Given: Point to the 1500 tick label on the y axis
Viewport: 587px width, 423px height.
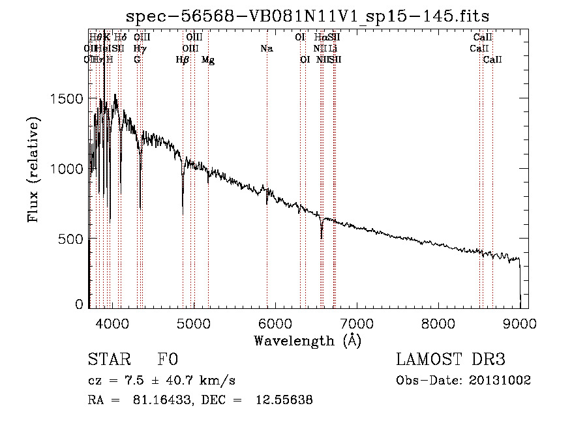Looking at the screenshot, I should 67,98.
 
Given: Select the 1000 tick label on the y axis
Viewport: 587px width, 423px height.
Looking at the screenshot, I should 67,168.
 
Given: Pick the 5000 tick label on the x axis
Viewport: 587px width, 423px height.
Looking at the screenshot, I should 194,322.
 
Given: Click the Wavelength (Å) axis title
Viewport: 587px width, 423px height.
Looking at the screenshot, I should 307,340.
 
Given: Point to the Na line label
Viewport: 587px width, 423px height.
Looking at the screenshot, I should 266,49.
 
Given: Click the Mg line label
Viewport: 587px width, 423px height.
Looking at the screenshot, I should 208,60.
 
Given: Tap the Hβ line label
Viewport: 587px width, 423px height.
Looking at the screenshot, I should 183,60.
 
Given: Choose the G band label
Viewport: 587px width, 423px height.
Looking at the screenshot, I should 137,60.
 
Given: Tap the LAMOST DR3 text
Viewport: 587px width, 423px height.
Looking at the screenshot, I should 451,360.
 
